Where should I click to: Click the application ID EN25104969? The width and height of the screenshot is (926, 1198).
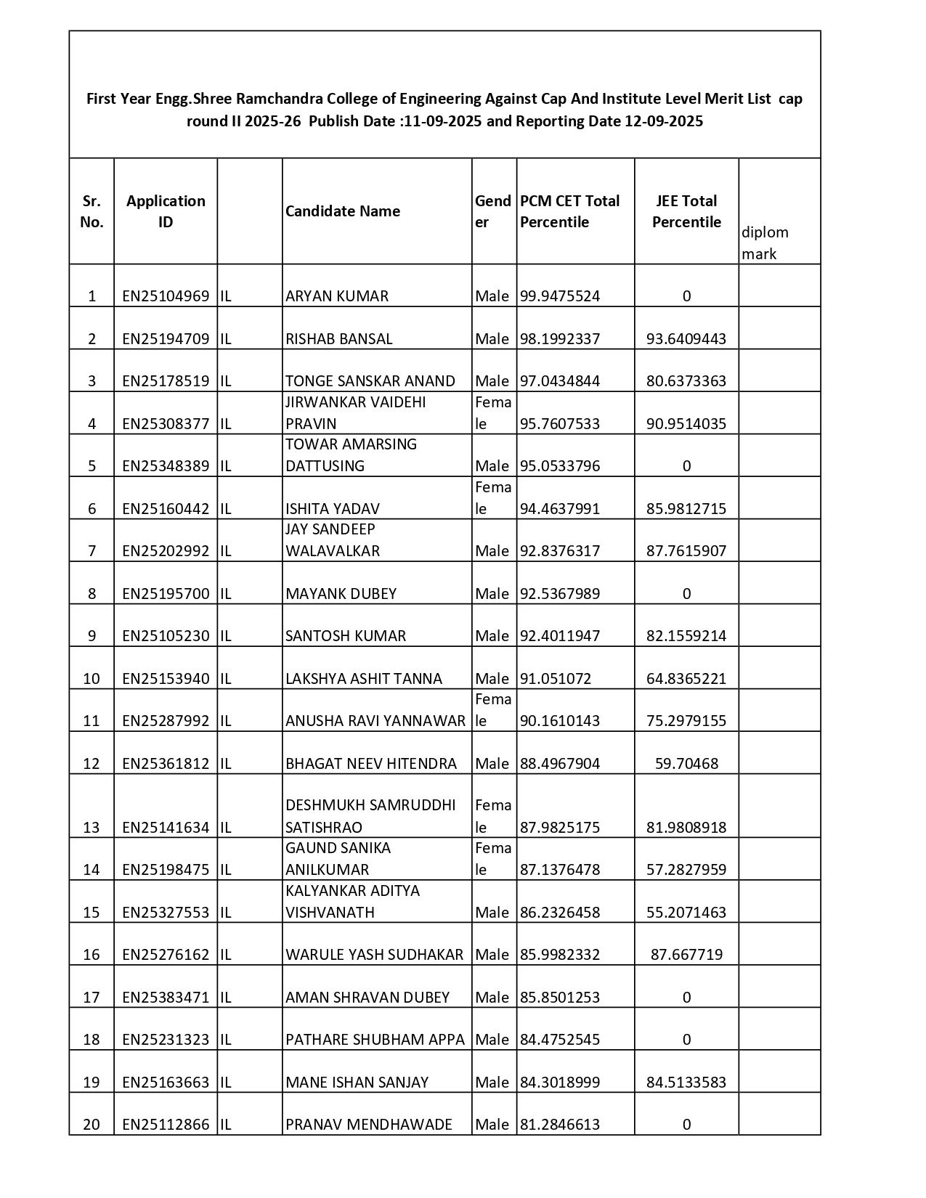click(x=166, y=296)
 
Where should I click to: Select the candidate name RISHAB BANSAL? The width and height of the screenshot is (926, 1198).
click(x=338, y=339)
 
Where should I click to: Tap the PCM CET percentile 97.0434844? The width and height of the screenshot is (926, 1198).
click(x=560, y=381)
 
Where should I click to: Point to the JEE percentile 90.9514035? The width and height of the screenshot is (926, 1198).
click(x=686, y=424)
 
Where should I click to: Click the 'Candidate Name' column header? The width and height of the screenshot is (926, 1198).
click(x=343, y=211)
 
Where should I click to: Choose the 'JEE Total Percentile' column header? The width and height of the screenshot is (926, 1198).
click(x=686, y=211)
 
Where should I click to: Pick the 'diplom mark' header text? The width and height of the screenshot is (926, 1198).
click(x=765, y=243)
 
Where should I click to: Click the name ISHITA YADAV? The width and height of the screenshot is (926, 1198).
click(x=333, y=509)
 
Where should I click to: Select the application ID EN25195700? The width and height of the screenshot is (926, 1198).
click(x=166, y=594)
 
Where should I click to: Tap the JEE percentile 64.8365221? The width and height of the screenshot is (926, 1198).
click(x=686, y=679)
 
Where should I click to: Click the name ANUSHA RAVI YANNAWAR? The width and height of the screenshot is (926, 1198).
click(x=375, y=721)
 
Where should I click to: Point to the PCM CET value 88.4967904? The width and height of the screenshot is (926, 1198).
click(x=560, y=764)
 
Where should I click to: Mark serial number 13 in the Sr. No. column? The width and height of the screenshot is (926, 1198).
click(x=92, y=828)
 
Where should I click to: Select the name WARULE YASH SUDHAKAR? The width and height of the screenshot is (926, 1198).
click(x=374, y=955)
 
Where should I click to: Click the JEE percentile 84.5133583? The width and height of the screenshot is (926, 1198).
click(x=686, y=1083)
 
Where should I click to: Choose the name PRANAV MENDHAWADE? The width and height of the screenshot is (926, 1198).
click(x=369, y=1125)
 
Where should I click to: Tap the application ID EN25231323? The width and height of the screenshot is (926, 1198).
click(x=166, y=1040)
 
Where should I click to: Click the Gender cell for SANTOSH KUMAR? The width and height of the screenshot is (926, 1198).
click(x=492, y=636)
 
